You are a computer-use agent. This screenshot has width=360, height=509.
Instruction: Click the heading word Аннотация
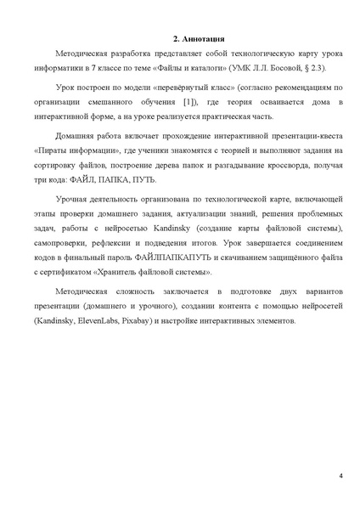203,39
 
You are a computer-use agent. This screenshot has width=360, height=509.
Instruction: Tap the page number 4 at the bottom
340,475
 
